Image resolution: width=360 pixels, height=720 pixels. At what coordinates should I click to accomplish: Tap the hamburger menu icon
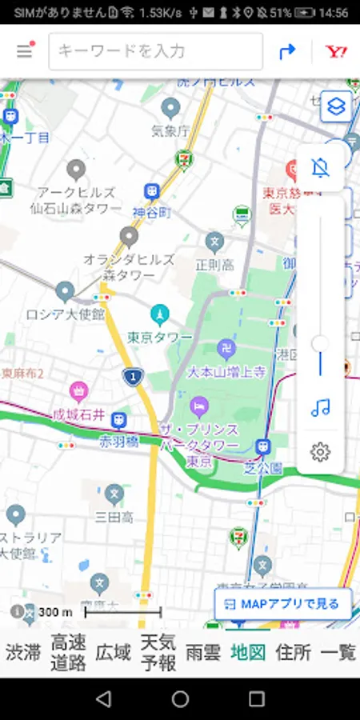click(x=25, y=51)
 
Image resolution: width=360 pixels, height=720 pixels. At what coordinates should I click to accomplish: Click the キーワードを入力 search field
click(x=156, y=51)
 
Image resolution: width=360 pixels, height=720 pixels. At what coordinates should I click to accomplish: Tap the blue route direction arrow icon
click(x=287, y=51)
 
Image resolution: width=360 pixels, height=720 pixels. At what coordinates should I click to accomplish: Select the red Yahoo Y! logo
click(x=336, y=51)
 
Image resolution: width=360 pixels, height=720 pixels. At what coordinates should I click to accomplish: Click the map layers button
click(x=336, y=106)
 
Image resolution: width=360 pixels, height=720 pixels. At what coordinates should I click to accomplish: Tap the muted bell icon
click(x=320, y=168)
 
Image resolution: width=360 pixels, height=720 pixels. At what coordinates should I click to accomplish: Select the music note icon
click(x=320, y=408)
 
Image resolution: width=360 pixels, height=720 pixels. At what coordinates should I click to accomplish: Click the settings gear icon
click(x=320, y=452)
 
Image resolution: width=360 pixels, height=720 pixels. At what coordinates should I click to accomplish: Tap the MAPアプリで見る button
click(x=282, y=604)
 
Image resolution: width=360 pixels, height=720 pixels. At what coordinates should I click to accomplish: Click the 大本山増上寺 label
click(x=226, y=372)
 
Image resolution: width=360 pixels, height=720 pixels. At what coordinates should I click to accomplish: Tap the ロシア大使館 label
click(x=65, y=314)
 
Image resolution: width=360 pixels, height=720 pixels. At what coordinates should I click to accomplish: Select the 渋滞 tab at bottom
click(x=23, y=652)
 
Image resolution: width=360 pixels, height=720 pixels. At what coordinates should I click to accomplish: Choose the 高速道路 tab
click(x=68, y=652)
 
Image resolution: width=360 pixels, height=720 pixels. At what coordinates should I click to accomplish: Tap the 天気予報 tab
click(x=158, y=652)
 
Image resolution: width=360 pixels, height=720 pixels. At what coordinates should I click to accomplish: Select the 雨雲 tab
click(x=202, y=652)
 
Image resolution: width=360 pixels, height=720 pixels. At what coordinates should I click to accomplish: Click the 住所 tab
click(x=293, y=652)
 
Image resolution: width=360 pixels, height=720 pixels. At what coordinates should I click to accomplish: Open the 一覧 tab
click(x=338, y=652)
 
